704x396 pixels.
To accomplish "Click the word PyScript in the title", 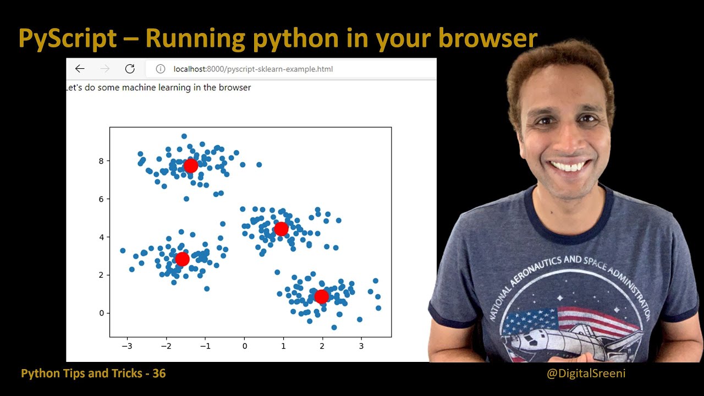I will [x=67, y=39].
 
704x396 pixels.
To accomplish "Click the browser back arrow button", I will [x=80, y=69].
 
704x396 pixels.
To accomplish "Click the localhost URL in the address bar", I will [x=253, y=69].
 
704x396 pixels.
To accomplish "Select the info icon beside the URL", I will [x=161, y=69].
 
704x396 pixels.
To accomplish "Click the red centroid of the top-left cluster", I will [x=190, y=166].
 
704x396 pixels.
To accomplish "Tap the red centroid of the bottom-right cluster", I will [x=321, y=296].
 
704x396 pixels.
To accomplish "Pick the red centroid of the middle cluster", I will [x=281, y=228].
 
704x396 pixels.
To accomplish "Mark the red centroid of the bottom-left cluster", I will [x=183, y=258].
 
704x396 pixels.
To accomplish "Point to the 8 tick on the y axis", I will [x=101, y=161].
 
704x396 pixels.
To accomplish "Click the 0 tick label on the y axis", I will [x=101, y=313].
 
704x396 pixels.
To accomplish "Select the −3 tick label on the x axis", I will [x=127, y=346].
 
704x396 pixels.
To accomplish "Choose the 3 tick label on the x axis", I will [x=361, y=346].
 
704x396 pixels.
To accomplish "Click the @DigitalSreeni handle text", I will [x=586, y=374].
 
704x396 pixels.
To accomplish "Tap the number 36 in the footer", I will [x=159, y=373].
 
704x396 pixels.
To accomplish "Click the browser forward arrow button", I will [x=105, y=69].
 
